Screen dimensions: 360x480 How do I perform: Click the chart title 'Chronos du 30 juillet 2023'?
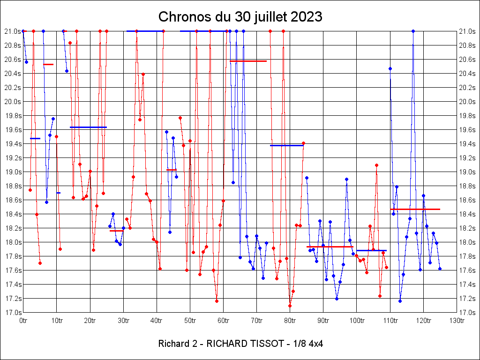coord(240,17)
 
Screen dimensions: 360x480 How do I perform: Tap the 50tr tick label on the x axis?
coord(190,321)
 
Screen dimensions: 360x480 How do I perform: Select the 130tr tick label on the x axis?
coord(457,321)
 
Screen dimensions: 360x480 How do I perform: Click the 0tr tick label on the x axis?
coord(23,321)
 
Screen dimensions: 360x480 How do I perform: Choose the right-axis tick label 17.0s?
coord(468,313)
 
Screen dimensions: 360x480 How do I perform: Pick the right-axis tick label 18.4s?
coord(468,214)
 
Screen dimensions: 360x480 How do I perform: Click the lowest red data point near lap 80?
coord(290,306)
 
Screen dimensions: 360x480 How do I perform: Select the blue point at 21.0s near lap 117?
coord(413,31)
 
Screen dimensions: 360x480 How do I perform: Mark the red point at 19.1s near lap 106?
coord(376,165)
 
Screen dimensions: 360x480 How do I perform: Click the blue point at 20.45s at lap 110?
coord(390,68)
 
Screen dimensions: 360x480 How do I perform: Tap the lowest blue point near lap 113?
coord(400,301)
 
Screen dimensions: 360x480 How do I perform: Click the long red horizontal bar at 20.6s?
coord(248,61)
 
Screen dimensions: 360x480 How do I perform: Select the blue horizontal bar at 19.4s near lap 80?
coord(287,145)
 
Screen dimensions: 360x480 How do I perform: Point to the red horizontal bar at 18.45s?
coord(415,209)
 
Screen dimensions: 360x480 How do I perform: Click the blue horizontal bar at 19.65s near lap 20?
coord(88,127)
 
